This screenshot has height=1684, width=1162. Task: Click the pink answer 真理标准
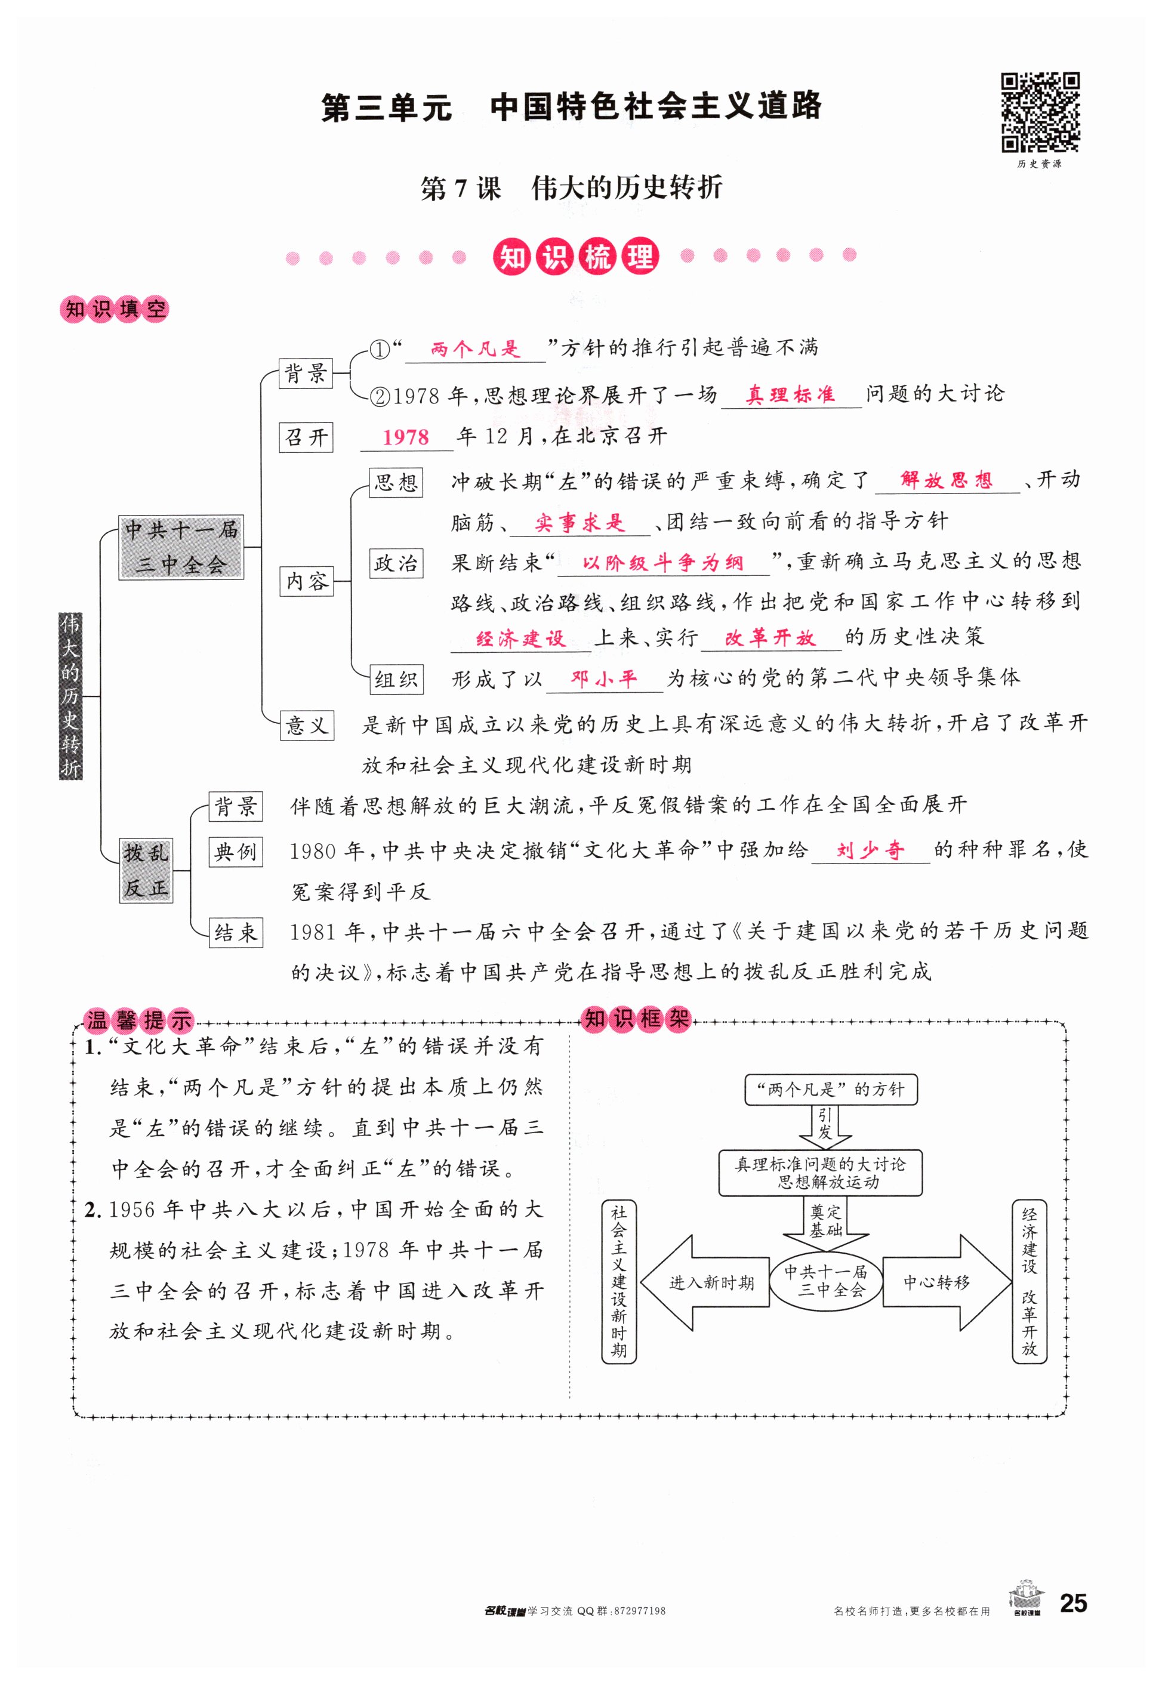pyautogui.click(x=790, y=394)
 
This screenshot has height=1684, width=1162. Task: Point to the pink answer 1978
pyautogui.click(x=405, y=437)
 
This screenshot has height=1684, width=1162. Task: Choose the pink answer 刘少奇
pyautogui.click(x=870, y=850)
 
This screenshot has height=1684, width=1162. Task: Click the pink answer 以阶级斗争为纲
pyautogui.click(x=662, y=562)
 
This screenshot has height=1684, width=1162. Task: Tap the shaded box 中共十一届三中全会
pyautogui.click(x=181, y=547)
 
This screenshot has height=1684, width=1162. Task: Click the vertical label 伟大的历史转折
pyautogui.click(x=70, y=695)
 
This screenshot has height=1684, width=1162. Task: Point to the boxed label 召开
pyautogui.click(x=306, y=437)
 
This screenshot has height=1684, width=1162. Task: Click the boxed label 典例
pyautogui.click(x=235, y=850)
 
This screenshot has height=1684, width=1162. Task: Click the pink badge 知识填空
pyautogui.click(x=115, y=310)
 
